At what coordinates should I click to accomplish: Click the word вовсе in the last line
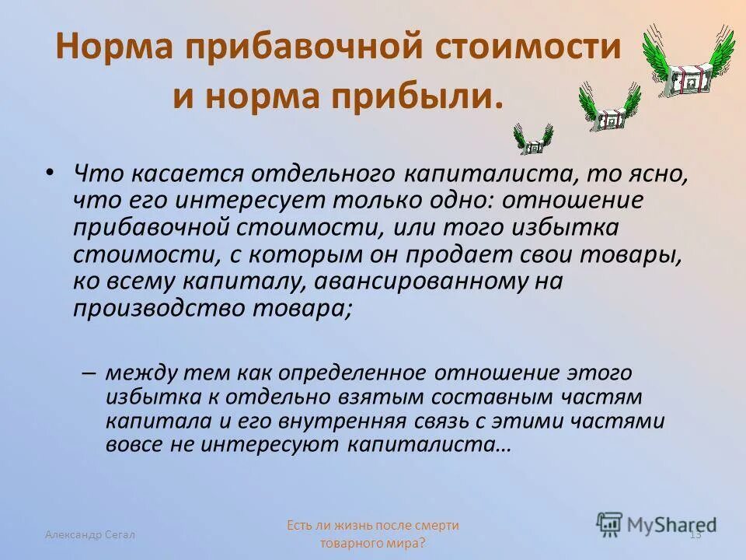[134, 446]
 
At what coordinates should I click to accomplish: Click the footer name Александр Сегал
[90, 534]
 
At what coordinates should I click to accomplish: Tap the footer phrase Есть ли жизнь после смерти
[373, 525]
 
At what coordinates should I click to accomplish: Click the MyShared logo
[657, 523]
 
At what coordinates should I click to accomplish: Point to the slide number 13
[695, 534]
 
